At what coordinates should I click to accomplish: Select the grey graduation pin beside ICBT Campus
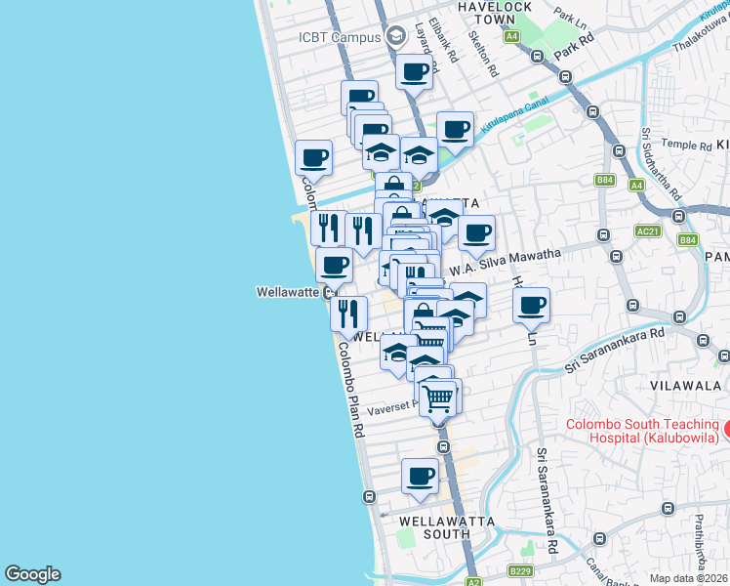coord(395,37)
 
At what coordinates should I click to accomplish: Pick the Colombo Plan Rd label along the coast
coord(351,389)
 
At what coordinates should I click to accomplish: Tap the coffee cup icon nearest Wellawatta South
coord(421,476)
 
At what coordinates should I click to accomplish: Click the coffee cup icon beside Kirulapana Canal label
coord(455,129)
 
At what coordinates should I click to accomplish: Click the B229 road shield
coord(520,569)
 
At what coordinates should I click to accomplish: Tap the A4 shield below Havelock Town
coord(511,36)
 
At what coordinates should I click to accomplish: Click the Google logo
coord(32,574)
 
